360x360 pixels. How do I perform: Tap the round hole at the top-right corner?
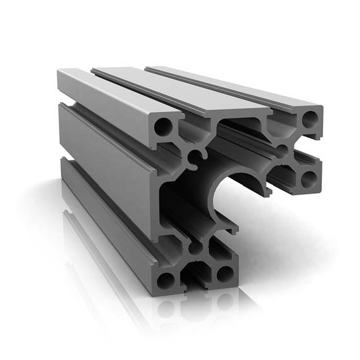click(310, 119)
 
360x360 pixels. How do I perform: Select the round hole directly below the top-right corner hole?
click(309, 176)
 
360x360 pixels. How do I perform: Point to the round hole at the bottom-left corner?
click(166, 278)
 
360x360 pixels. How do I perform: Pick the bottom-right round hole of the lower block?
click(224, 274)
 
